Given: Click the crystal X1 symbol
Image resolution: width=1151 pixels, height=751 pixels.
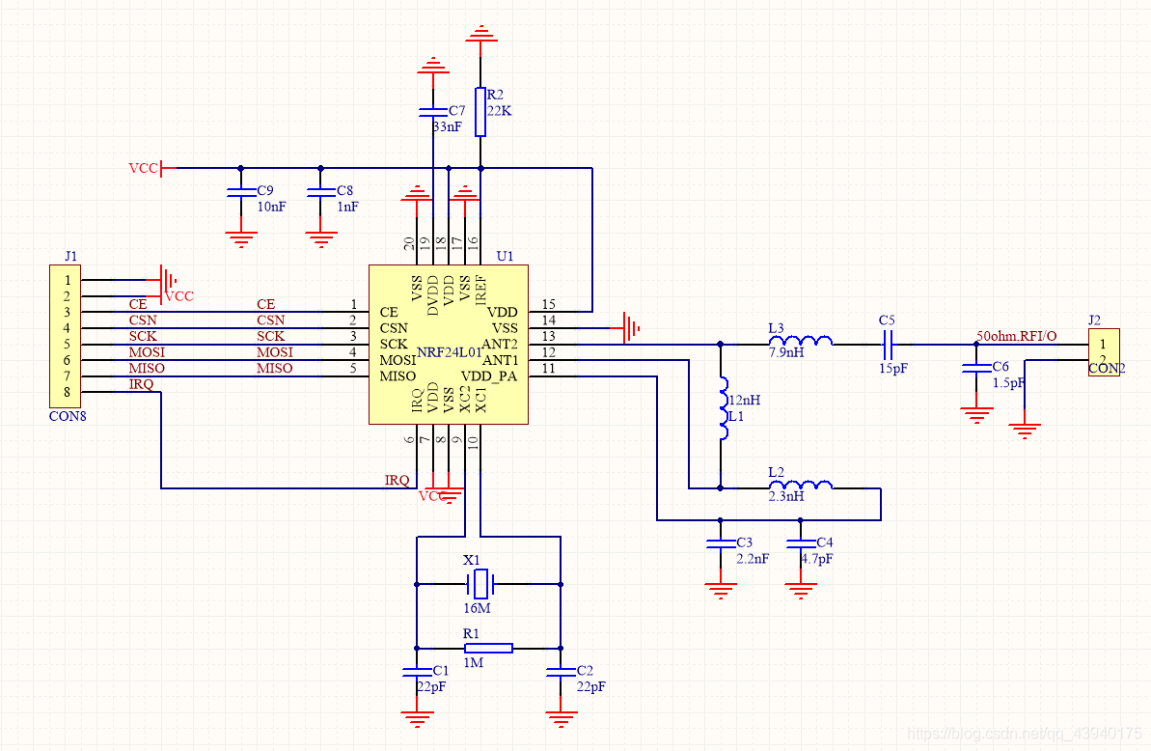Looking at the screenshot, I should point(480,583).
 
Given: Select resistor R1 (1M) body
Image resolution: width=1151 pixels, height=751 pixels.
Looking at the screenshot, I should point(488,648).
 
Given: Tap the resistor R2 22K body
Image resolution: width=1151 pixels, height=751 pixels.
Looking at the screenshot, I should point(480,112).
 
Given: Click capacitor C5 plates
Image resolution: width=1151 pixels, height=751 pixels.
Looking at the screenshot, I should point(888,343).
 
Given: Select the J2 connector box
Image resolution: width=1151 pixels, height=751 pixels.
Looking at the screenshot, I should point(1104,352).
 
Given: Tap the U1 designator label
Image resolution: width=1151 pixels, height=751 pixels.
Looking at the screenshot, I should point(505,257).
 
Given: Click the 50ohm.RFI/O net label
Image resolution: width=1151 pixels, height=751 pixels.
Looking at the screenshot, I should point(1016,336).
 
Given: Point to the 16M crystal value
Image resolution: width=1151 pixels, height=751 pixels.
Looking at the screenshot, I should point(477,608).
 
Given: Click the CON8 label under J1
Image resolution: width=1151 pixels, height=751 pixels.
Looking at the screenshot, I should point(67,417).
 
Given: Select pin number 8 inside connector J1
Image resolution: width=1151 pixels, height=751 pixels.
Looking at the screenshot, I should point(68,391).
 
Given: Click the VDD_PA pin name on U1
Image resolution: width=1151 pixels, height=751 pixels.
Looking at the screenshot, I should point(489,375).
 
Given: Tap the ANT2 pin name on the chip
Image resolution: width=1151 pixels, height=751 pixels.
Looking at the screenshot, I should point(500,344).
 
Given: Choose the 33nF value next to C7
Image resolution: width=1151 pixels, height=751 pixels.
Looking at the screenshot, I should point(447,126).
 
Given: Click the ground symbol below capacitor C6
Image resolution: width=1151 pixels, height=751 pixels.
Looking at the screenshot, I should point(976,415).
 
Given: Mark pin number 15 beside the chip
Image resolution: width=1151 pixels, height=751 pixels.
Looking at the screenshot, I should point(549,304).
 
